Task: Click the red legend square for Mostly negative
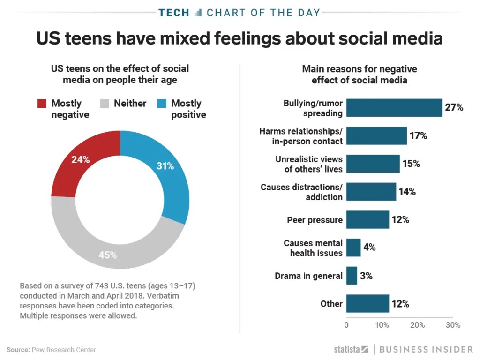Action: point(42,104)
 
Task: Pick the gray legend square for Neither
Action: point(105,104)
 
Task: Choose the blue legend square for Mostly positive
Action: point(162,104)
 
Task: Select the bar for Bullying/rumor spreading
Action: point(394,108)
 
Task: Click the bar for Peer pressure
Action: point(367,219)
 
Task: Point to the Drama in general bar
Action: point(352,276)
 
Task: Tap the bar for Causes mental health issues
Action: point(353,247)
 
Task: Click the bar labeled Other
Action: point(367,303)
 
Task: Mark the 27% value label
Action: point(454,108)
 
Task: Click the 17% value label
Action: point(418,136)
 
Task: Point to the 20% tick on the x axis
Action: point(418,325)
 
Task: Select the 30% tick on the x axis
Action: point(453,325)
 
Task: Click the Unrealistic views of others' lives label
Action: point(309,164)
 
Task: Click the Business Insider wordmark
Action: point(426,350)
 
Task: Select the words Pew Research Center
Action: point(64,350)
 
